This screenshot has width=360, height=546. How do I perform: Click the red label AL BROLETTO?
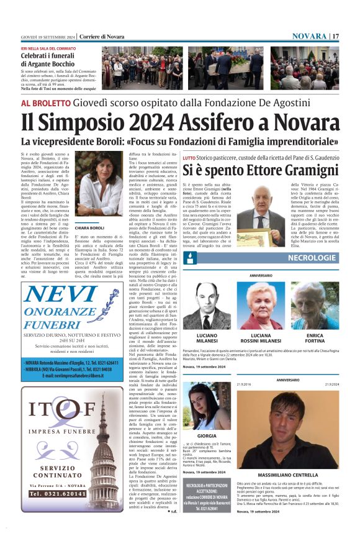tap(46, 103)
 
